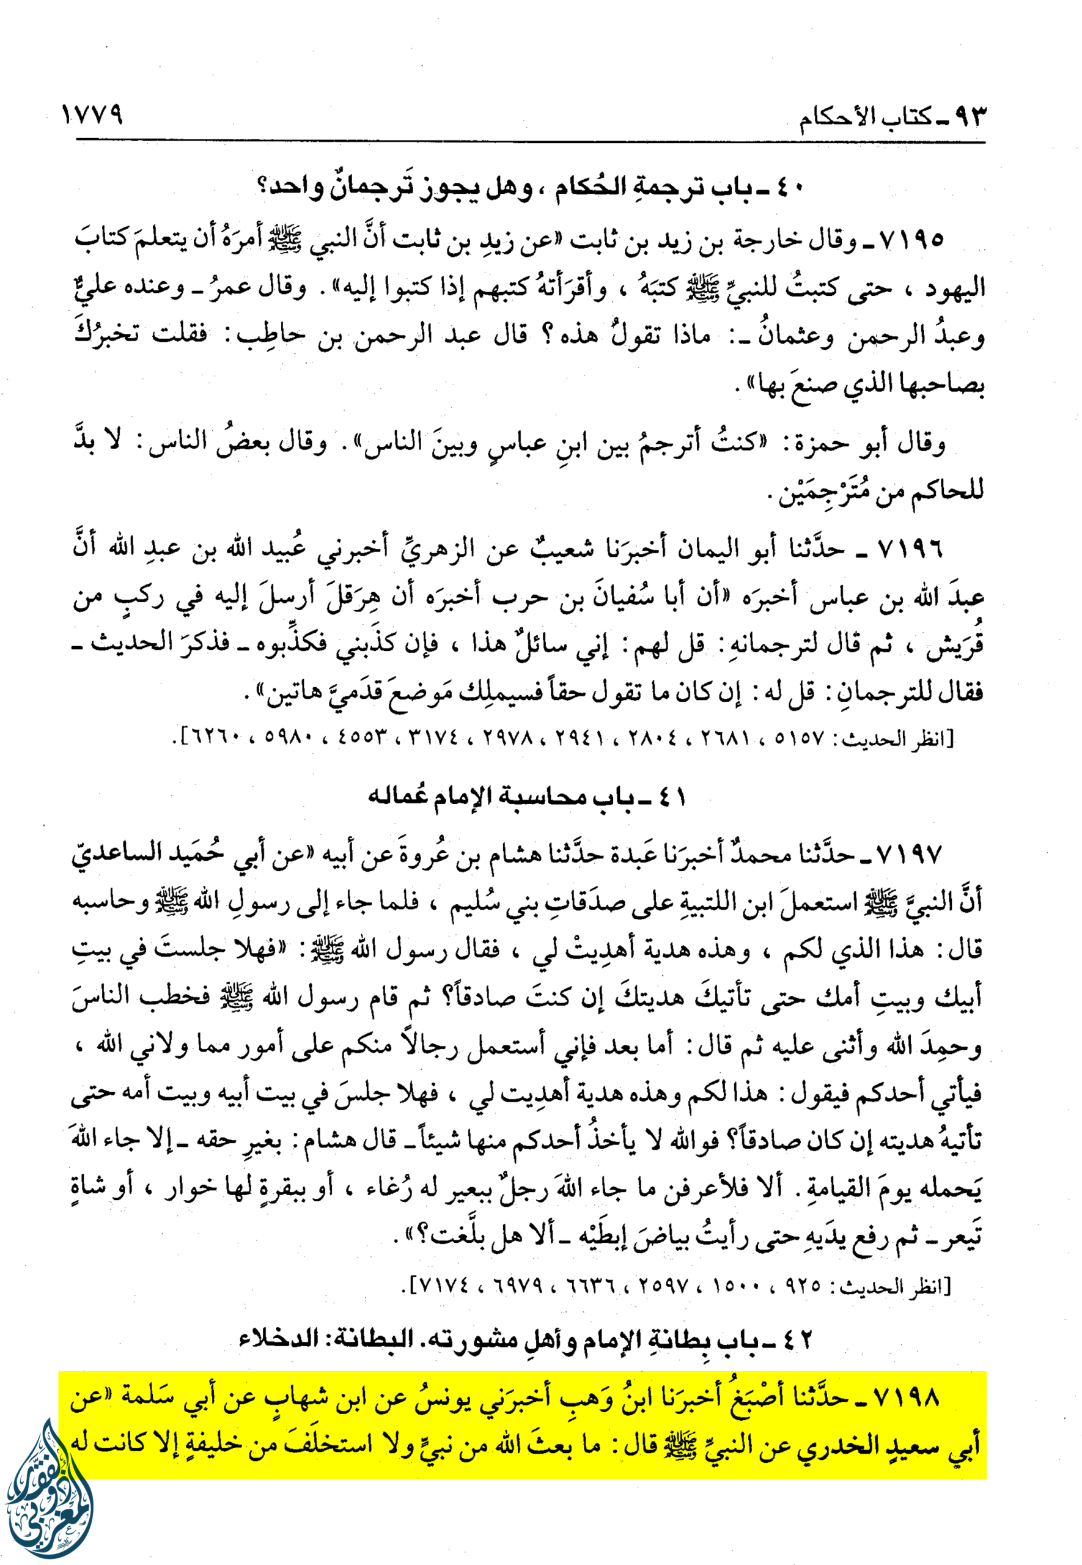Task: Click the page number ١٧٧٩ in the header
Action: point(92,114)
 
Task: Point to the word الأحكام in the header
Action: point(840,119)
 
